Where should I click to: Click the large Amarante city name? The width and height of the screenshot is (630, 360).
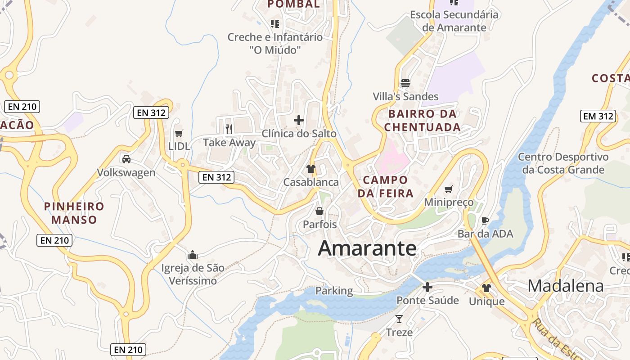coord(367,248)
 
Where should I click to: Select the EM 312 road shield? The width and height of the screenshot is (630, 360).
coord(598,116)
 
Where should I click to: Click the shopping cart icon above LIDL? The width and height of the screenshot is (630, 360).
coord(179,133)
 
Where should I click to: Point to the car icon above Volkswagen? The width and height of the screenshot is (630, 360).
coord(126,159)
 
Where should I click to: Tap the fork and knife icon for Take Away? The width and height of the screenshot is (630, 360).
coord(229,129)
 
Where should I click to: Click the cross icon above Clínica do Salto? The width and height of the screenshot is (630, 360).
coord(299,120)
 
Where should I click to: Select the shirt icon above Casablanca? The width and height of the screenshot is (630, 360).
coord(310,169)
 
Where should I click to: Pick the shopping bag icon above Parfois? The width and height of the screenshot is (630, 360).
coord(319,211)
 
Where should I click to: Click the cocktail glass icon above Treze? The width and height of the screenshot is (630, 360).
coord(399,319)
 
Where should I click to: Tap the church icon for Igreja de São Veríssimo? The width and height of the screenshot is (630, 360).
coord(193,255)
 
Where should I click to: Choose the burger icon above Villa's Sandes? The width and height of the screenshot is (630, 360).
coord(405,83)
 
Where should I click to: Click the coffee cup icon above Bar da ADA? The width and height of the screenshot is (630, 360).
coord(485,220)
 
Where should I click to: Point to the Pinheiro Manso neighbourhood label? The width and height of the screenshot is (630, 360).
coord(74,213)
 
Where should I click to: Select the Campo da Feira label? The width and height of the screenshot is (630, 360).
coord(385,187)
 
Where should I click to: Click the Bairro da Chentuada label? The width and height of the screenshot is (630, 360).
coord(422,120)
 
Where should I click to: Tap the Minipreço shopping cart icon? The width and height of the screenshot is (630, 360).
coord(448,189)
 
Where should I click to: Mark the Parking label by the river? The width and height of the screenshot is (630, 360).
coord(334,291)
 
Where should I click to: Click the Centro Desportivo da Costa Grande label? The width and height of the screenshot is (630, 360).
coord(563,163)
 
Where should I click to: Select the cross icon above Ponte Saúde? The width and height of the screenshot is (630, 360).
coord(427,287)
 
